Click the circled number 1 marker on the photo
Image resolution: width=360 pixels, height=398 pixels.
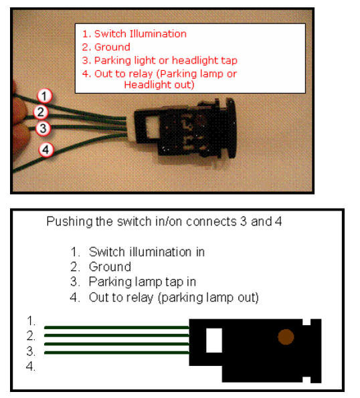click(45, 96)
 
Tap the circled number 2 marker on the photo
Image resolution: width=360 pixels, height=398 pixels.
click(41, 112)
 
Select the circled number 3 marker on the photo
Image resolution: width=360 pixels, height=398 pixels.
click(43, 128)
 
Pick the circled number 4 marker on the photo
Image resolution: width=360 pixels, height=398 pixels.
click(46, 150)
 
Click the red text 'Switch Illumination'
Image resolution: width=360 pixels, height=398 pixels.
click(141, 33)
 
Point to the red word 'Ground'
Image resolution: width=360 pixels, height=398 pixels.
click(112, 47)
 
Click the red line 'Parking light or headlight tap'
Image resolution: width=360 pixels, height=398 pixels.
click(166, 61)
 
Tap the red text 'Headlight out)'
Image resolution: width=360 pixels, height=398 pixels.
click(159, 85)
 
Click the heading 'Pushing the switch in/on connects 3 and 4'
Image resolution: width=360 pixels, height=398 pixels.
click(164, 221)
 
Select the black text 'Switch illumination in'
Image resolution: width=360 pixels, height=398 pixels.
click(147, 252)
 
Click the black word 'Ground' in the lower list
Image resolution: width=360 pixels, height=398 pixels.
click(110, 267)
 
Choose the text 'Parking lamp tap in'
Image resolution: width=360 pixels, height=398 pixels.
click(143, 282)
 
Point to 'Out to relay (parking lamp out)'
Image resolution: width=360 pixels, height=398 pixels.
click(174, 298)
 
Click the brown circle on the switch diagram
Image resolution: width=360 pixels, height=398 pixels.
click(286, 337)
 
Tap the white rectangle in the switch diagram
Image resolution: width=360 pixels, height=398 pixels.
click(214, 340)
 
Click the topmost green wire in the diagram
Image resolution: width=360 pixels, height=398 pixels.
click(117, 328)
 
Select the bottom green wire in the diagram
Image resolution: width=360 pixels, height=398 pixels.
click(117, 353)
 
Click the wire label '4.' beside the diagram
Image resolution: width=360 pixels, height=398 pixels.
click(31, 367)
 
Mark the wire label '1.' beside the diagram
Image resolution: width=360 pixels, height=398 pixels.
click(31, 321)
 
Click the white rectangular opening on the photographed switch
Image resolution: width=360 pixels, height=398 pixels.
click(153, 126)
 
